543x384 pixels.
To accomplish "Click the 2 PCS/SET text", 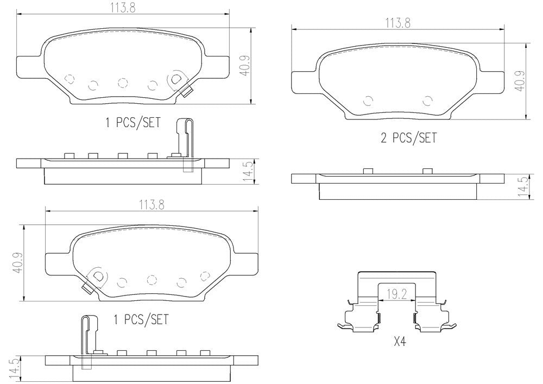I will (408, 138).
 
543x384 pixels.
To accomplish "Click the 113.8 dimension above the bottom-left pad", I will (151, 205).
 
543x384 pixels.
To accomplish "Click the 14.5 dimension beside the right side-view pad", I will (522, 186).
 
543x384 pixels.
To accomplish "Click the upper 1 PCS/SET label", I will (132, 123).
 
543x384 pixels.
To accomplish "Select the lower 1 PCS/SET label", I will (141, 319).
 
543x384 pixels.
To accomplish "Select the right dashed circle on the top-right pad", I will (427, 100).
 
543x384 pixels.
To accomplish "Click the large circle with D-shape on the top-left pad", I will (176, 79).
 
